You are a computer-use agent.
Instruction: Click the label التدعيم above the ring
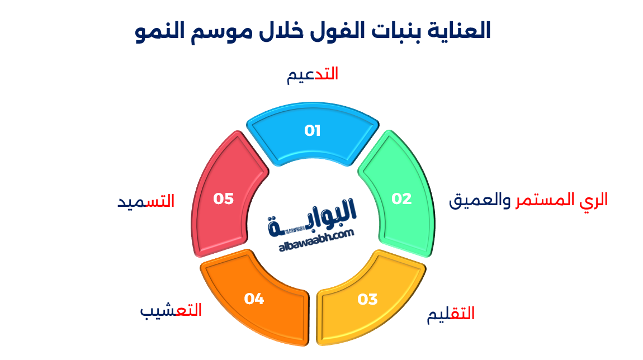click(313, 74)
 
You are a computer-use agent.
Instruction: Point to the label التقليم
click(451, 314)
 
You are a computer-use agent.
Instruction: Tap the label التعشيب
click(171, 310)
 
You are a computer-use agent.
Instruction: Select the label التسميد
click(146, 201)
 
